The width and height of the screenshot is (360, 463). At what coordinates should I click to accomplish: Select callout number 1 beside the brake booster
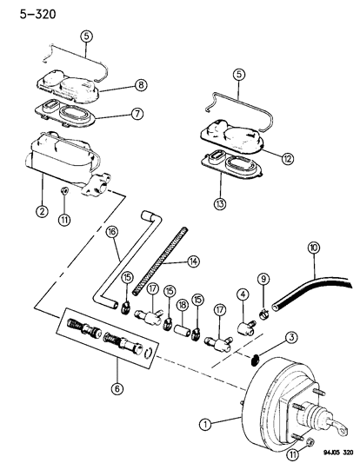(205, 425)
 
